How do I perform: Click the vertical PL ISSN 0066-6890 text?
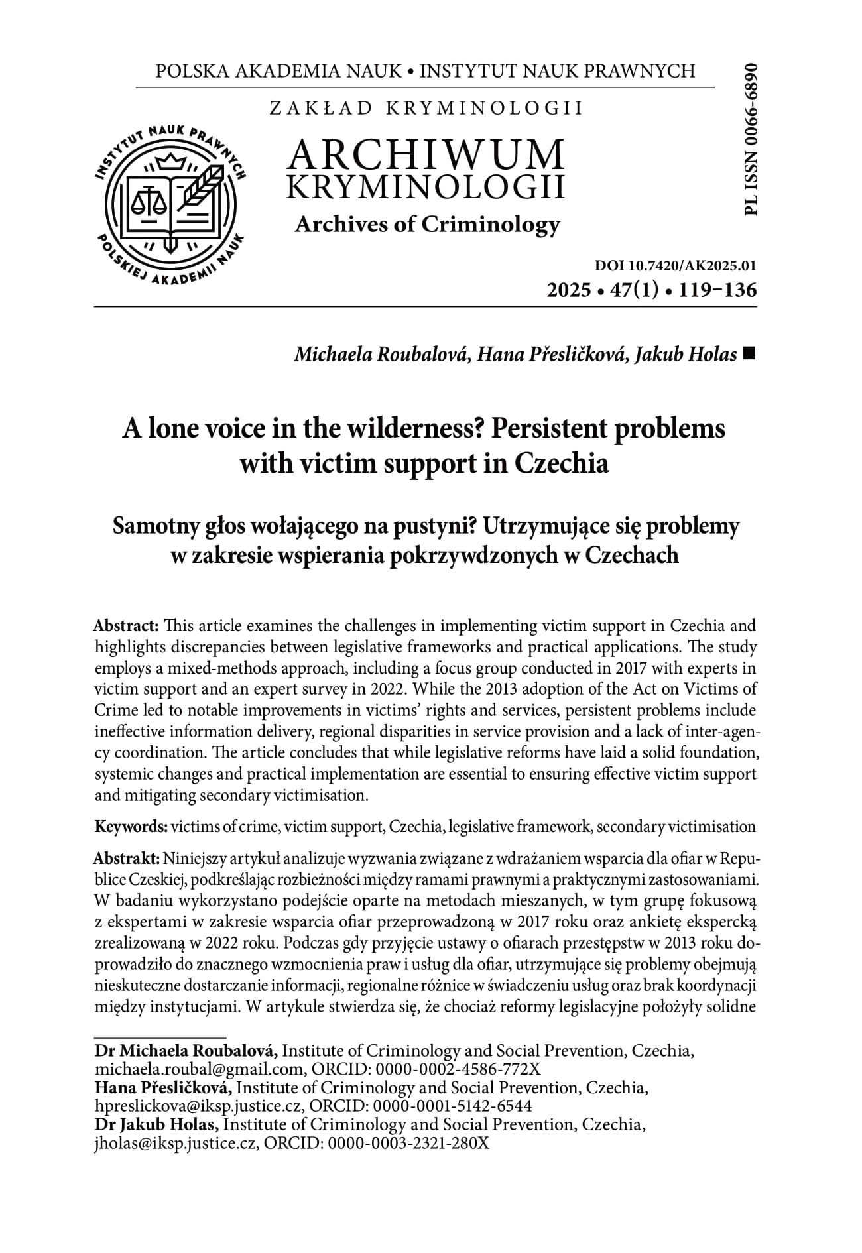[751, 139]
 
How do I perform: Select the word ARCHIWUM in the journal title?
[426, 154]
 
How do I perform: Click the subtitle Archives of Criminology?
[427, 225]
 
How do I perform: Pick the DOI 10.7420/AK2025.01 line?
[676, 267]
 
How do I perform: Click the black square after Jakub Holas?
[749, 355]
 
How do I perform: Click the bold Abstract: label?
[126, 625]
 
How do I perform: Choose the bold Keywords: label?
[131, 827]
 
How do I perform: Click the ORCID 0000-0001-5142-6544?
[453, 1106]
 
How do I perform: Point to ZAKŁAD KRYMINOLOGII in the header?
[426, 108]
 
